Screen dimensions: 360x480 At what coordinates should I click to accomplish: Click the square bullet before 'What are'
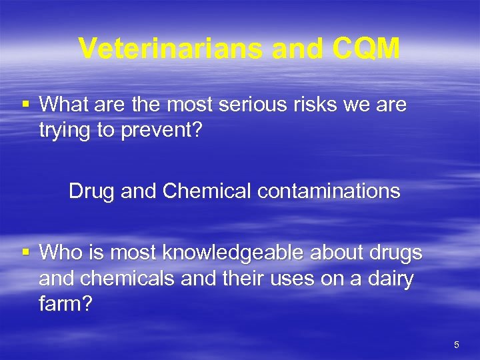click(26, 104)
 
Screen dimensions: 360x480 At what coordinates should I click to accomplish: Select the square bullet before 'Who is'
click(26, 252)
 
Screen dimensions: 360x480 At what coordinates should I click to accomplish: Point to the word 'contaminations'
click(329, 191)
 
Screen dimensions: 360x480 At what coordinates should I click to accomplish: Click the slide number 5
click(456, 345)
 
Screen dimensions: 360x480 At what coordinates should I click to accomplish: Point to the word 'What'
click(61, 105)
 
